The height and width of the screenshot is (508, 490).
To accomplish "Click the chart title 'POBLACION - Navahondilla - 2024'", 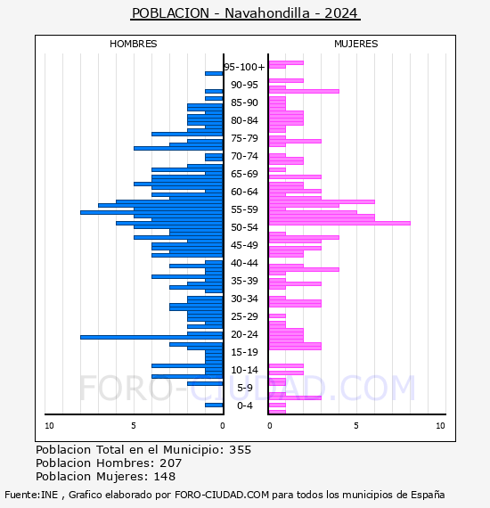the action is [x=245, y=13].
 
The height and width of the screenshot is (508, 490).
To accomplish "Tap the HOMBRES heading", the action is [x=133, y=44].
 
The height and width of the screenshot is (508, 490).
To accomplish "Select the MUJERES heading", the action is [x=356, y=44].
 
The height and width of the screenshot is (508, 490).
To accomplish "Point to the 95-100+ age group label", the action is [x=244, y=67].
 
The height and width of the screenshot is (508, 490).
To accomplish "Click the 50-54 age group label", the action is [x=244, y=227].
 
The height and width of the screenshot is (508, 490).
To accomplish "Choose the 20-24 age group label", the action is [x=244, y=334].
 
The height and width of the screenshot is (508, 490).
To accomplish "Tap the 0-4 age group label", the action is [x=244, y=406].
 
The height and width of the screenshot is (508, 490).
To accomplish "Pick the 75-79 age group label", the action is [x=244, y=138].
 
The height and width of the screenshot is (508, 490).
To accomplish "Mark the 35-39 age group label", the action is [x=244, y=281].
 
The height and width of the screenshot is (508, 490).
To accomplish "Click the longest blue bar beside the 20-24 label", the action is [x=151, y=337].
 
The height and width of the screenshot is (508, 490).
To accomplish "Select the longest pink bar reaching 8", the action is [x=339, y=223].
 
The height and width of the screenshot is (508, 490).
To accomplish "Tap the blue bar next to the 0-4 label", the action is [x=214, y=405].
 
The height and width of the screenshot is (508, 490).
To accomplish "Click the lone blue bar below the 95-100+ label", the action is [x=214, y=74].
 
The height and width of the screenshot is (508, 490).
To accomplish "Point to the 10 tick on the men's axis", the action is [x=49, y=426].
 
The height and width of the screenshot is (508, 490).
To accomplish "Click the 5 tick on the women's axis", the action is [x=356, y=426].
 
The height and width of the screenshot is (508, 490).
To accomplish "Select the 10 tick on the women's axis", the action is [x=440, y=426].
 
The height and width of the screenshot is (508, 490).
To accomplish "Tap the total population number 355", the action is [x=240, y=450].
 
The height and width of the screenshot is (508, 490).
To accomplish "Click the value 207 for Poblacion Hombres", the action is [x=171, y=463].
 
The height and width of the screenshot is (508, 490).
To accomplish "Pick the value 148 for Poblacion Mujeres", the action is [x=165, y=476].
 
